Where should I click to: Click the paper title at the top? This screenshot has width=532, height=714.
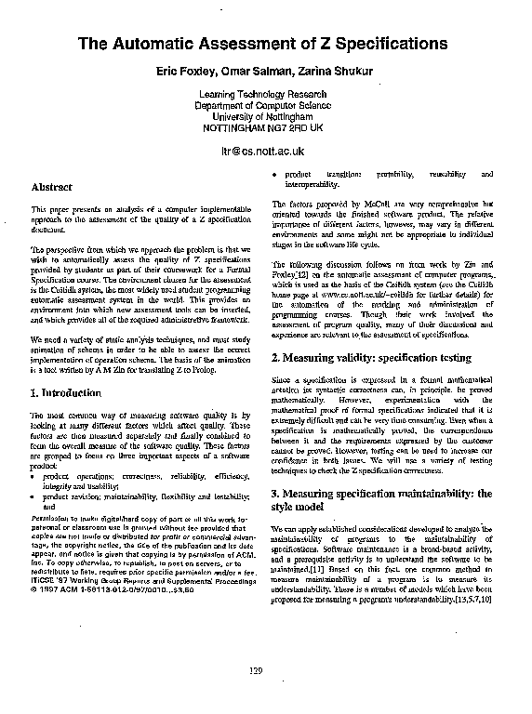pyautogui.click(x=262, y=44)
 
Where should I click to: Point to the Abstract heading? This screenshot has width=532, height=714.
pyautogui.click(x=51, y=187)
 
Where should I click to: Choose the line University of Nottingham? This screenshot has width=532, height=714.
pyautogui.click(x=263, y=117)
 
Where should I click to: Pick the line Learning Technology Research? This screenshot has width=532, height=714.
pyautogui.click(x=263, y=96)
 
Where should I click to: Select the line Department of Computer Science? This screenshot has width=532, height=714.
pyautogui.click(x=263, y=107)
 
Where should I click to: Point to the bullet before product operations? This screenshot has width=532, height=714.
pyautogui.click(x=33, y=476)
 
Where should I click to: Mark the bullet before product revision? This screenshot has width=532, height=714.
pyautogui.click(x=33, y=497)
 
